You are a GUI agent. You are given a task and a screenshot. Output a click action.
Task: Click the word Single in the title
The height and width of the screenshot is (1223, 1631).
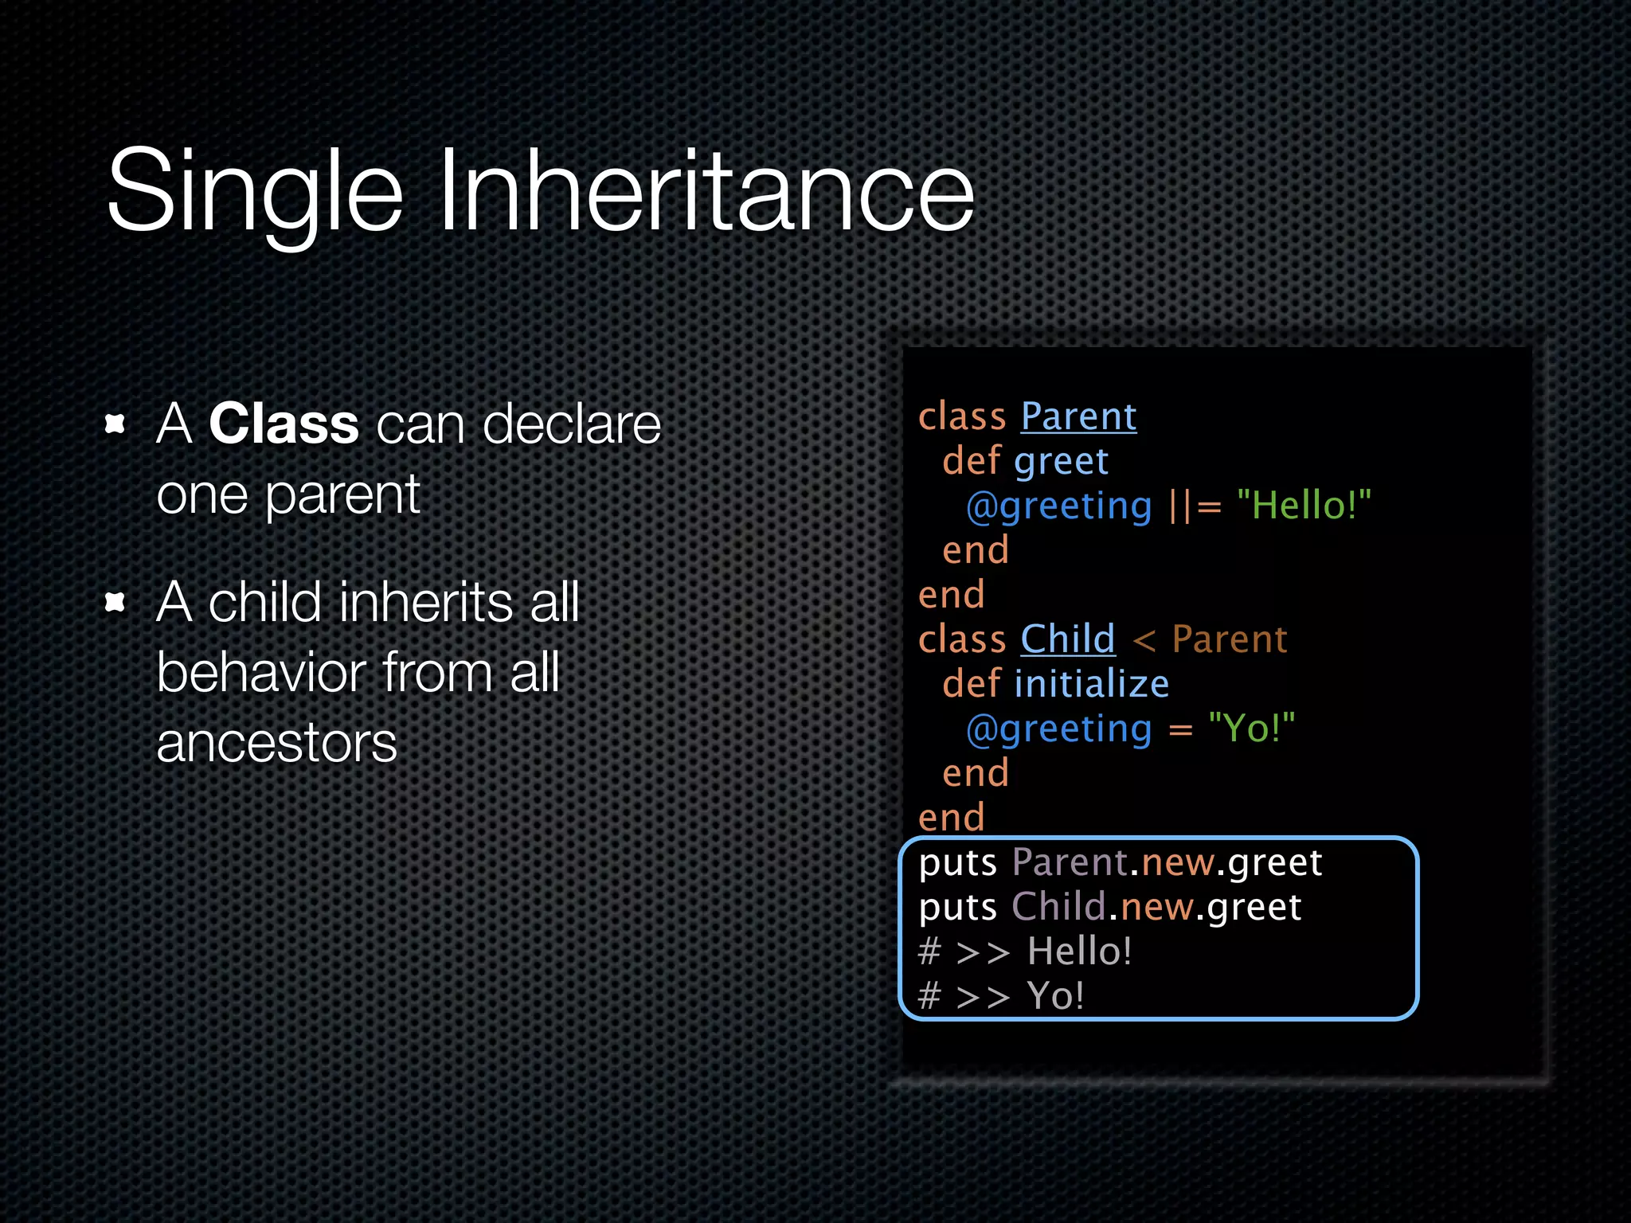point(255,191)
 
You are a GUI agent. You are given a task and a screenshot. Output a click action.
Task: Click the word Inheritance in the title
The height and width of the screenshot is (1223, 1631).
point(706,191)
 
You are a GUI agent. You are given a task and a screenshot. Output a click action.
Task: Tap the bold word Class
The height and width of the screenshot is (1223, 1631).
point(284,424)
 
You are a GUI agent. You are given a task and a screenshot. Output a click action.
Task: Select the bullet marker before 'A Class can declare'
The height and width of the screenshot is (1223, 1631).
point(115,424)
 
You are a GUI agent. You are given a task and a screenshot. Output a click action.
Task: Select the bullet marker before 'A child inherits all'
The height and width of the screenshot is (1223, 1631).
point(115,602)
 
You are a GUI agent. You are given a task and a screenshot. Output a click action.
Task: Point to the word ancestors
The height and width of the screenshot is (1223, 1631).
point(276,744)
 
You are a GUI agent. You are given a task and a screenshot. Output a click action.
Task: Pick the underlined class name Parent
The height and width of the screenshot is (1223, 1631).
point(1078,416)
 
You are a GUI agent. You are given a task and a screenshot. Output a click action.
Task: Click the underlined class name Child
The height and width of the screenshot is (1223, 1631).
point(1067,639)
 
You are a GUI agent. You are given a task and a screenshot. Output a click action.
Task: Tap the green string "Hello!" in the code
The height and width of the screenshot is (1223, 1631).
point(1304,506)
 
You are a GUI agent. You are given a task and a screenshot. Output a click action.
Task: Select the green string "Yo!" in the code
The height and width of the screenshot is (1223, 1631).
point(1251,729)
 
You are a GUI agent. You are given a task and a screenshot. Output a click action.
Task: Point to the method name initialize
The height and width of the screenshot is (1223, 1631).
point(1091,684)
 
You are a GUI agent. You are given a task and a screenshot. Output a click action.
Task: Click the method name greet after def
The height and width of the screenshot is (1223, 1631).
point(1061,462)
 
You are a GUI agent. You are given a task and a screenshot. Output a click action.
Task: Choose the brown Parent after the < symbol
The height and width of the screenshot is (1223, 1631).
point(1230,639)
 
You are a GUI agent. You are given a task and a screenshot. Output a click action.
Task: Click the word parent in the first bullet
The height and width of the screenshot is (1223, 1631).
point(342,495)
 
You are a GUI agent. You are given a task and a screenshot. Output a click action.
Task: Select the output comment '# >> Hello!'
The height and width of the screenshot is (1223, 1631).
point(1024,951)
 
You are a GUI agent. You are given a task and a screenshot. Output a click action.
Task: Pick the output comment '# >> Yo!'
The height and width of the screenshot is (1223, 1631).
point(1000,996)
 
